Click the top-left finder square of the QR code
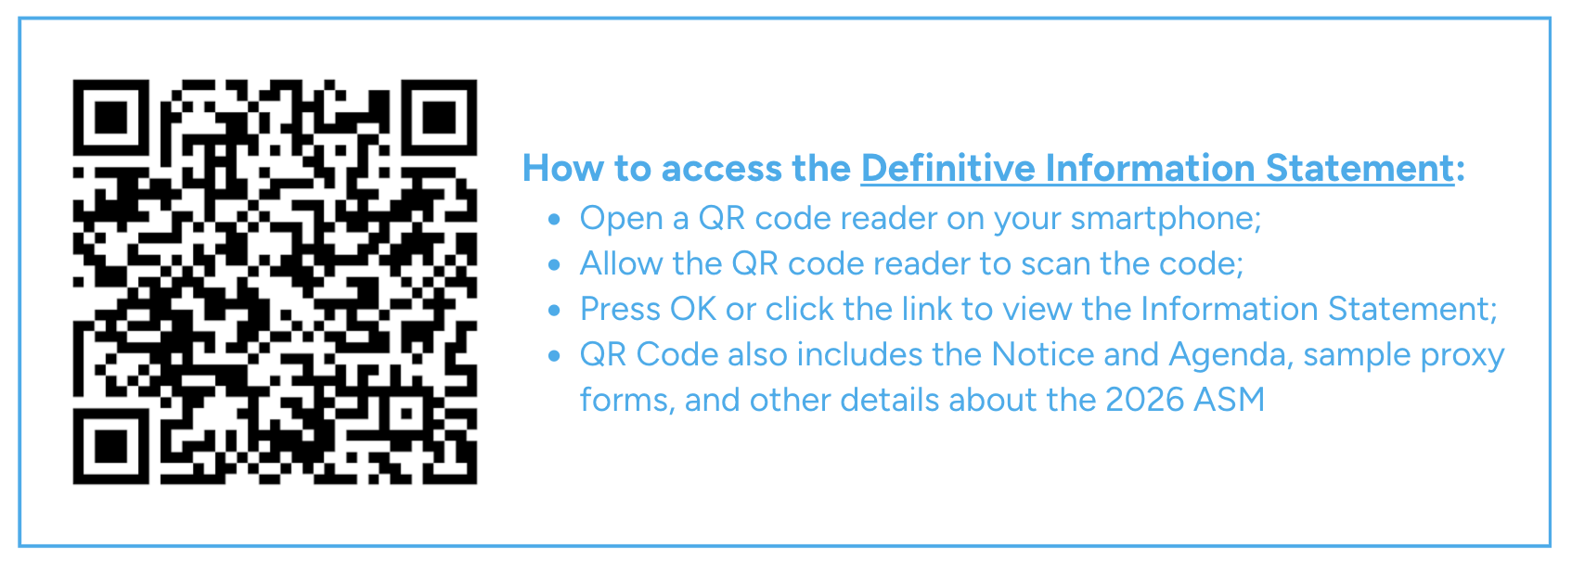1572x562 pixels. (x=110, y=117)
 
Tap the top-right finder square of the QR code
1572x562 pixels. (x=439, y=117)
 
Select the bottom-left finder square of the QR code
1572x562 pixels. (x=110, y=446)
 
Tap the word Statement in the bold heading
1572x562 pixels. (x=1360, y=169)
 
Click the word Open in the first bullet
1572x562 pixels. (x=621, y=219)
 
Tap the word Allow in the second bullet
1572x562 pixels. (x=621, y=263)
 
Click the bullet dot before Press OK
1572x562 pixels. (x=554, y=310)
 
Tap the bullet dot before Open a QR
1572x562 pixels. (x=554, y=219)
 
